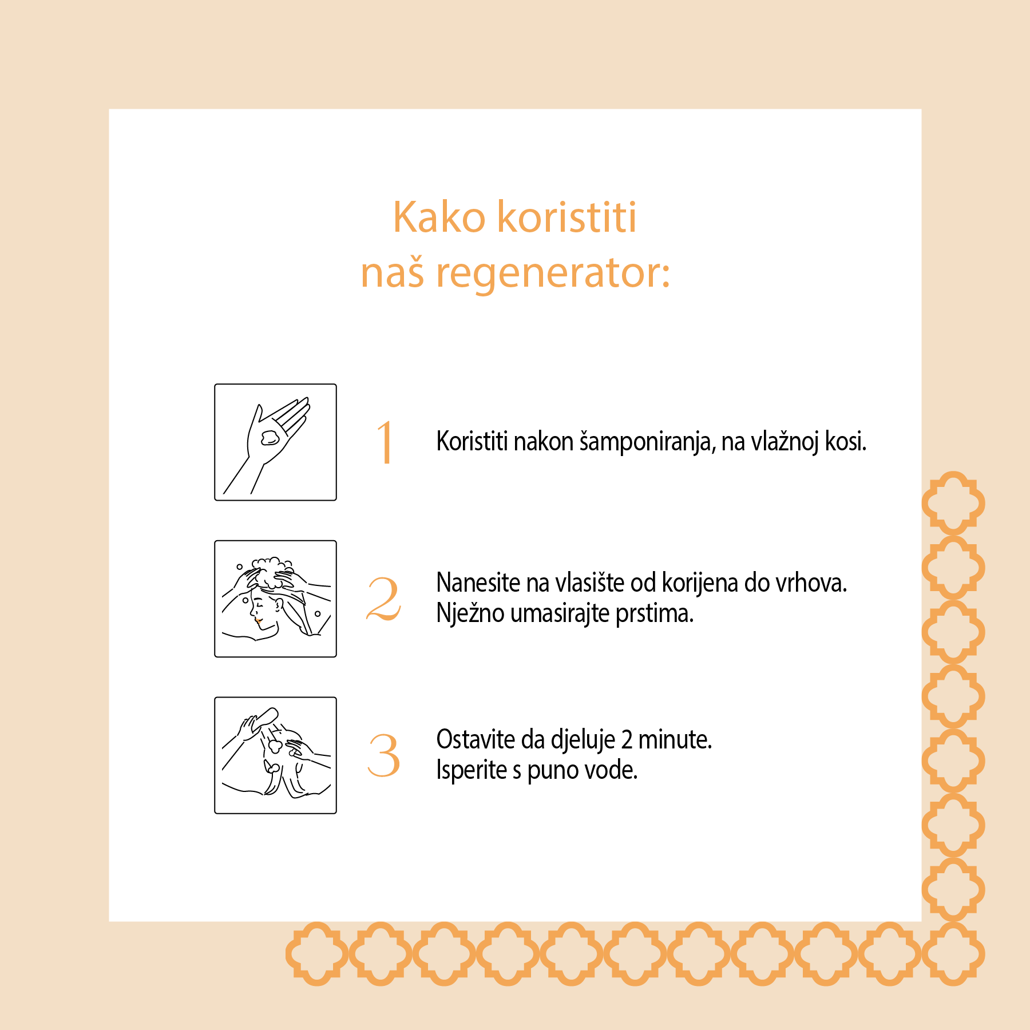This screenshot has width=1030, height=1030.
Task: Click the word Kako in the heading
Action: (x=439, y=217)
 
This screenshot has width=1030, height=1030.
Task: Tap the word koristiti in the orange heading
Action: (x=567, y=217)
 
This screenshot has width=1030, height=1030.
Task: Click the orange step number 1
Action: (x=385, y=441)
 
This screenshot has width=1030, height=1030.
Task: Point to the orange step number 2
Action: (x=384, y=599)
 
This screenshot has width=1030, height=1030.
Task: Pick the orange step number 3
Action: (x=383, y=755)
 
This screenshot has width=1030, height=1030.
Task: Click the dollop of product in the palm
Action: (x=270, y=438)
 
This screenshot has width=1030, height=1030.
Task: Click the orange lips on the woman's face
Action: (x=259, y=620)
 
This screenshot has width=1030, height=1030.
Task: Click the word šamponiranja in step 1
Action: (x=648, y=442)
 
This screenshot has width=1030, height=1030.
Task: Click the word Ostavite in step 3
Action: (x=476, y=740)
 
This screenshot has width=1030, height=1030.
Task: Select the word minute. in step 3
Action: (x=675, y=740)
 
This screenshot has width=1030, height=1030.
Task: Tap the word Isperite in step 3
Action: (x=472, y=771)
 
